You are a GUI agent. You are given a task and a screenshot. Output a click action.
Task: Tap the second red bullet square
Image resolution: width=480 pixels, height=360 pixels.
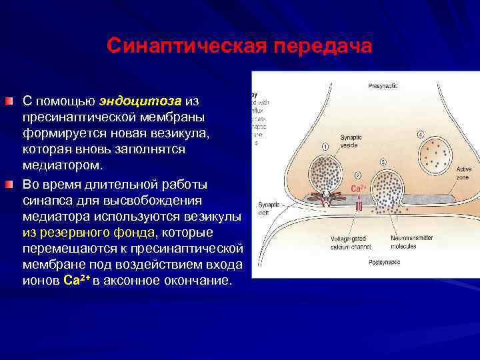tap(8, 184)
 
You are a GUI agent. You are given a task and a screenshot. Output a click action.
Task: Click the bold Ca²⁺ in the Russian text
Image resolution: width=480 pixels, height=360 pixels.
tap(75, 281)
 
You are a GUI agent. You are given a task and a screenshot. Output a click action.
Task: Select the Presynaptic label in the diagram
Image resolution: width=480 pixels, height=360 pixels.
tap(383, 86)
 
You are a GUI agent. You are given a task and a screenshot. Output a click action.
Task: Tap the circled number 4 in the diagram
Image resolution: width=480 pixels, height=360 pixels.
tap(421, 134)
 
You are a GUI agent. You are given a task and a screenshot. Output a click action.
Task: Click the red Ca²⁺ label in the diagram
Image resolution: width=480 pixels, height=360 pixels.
tap(357, 189)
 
